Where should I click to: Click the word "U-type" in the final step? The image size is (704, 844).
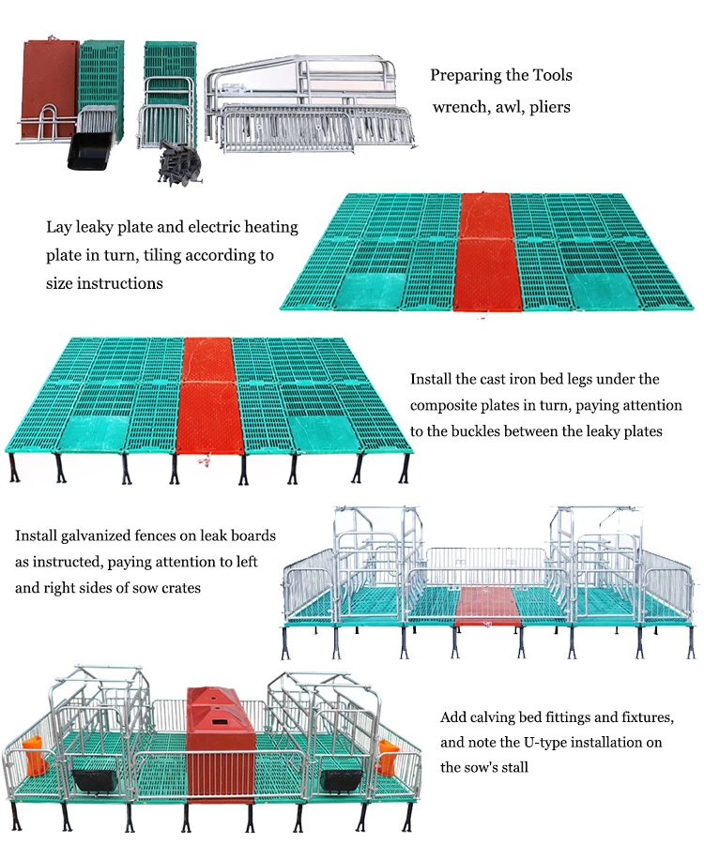click(x=548, y=743)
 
